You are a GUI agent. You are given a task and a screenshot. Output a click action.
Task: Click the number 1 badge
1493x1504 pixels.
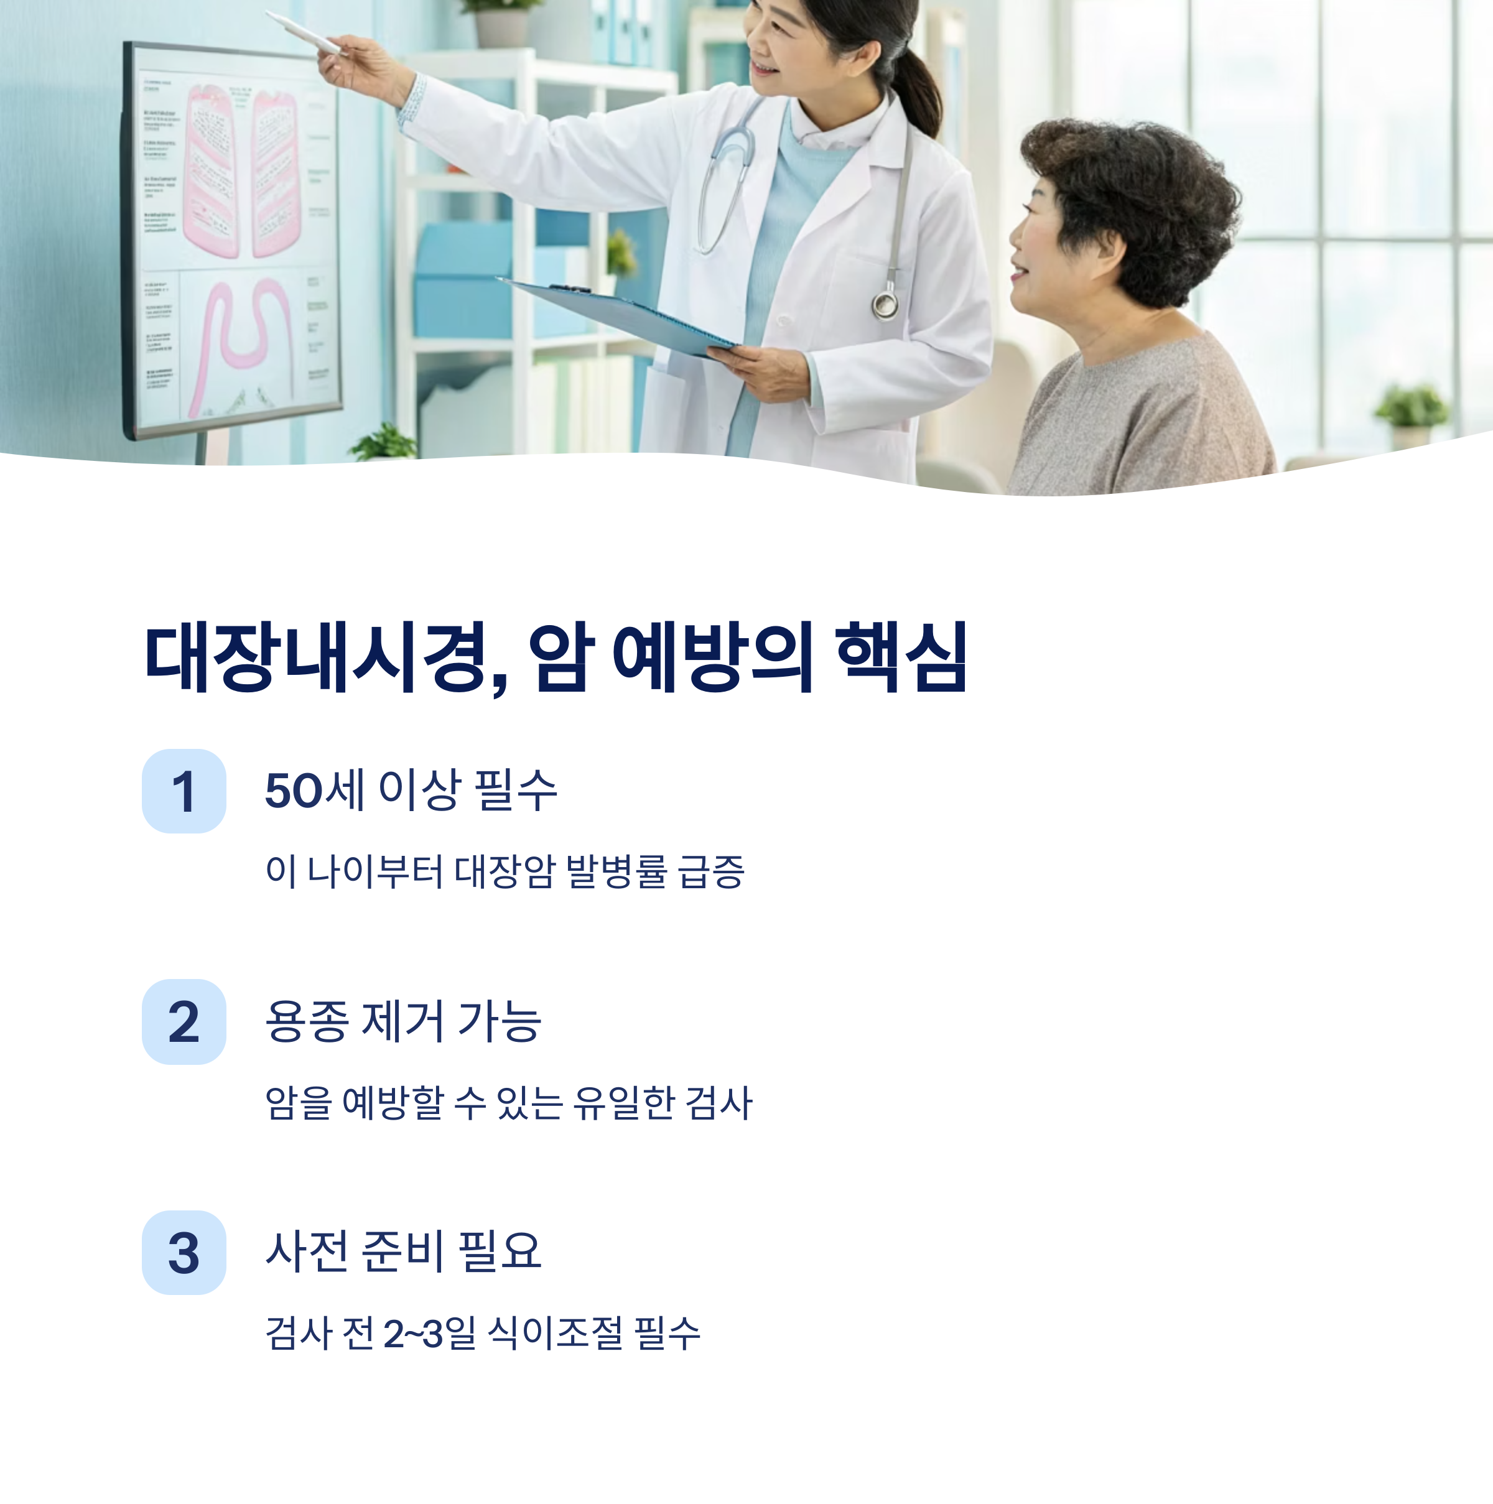pos(184,791)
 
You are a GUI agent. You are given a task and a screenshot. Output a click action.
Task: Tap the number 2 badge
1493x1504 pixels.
pos(184,1021)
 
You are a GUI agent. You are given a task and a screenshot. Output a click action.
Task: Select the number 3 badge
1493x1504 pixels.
pos(184,1253)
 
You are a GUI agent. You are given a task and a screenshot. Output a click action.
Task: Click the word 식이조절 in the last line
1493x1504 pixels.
pos(555,1334)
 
